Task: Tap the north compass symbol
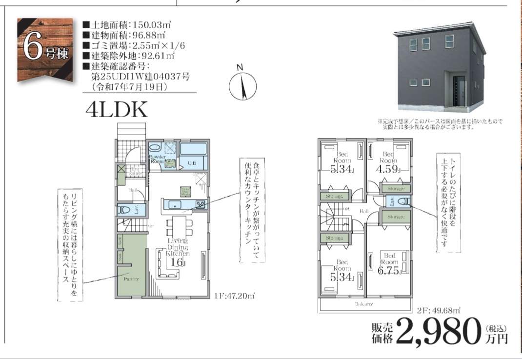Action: [242, 86]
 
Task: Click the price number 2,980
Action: [437, 331]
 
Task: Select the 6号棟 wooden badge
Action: [44, 49]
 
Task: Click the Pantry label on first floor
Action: [131, 279]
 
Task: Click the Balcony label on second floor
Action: [363, 303]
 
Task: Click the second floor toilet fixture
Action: [403, 201]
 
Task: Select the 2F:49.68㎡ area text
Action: [439, 309]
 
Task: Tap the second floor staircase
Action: [335, 219]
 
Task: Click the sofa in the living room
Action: [166, 263]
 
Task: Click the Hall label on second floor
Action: [363, 211]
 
